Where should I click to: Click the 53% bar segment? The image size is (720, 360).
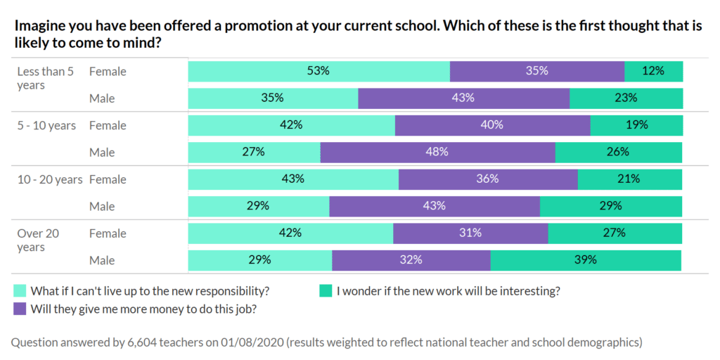pos(319,71)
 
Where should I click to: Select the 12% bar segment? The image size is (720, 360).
pos(654,71)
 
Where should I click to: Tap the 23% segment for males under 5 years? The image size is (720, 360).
pos(626,98)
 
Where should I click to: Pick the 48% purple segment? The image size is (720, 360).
pos(437,152)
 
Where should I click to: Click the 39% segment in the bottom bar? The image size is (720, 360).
pos(586,260)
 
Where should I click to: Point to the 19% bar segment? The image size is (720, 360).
pos(636,125)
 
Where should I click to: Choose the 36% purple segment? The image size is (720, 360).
pos(488,179)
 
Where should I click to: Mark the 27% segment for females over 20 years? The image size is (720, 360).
pos(615,233)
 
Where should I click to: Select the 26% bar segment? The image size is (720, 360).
pos(619,152)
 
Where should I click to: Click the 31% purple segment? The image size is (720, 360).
pos(470,233)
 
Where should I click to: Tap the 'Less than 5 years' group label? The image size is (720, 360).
pos(46,78)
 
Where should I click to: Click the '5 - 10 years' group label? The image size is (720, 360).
pos(46,126)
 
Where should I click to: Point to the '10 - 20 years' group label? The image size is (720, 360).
pos(50,180)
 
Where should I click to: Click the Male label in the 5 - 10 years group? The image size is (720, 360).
pos(102,153)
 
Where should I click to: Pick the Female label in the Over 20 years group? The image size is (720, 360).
pos(108,233)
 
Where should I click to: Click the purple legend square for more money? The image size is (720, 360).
pos(20,308)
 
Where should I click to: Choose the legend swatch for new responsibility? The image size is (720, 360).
pos(20,290)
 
